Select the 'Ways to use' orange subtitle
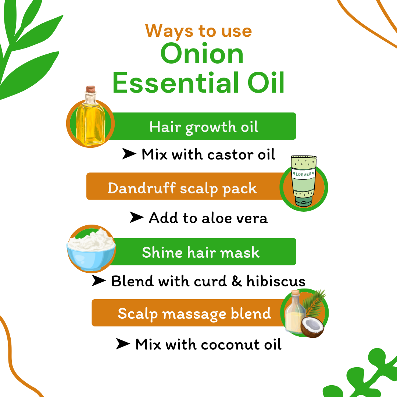click(x=198, y=31)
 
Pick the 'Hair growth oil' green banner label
click(x=204, y=127)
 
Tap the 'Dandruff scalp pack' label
click(x=182, y=188)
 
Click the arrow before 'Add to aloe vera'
click(x=136, y=218)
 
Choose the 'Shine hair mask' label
click(x=201, y=253)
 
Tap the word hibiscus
click(x=276, y=281)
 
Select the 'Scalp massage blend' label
click(x=194, y=314)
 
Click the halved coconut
click(x=312, y=327)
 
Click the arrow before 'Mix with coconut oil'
click(x=123, y=344)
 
